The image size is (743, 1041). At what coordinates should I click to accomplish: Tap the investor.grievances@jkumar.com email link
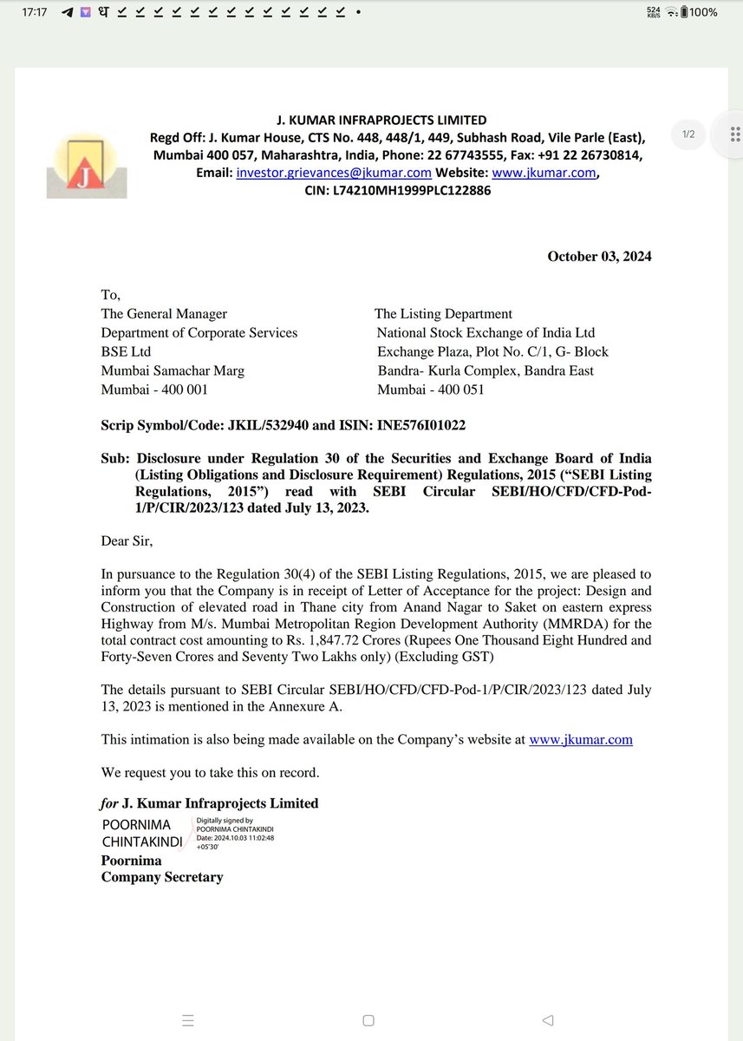click(333, 173)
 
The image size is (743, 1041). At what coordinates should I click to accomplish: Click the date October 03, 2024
click(599, 256)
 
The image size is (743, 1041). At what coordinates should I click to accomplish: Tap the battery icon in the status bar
click(684, 13)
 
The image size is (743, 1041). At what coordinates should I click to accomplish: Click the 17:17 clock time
click(36, 13)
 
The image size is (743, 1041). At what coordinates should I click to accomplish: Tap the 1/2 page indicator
click(688, 134)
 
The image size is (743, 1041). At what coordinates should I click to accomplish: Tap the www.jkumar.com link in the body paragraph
click(580, 740)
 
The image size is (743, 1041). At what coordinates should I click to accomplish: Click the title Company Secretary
click(162, 877)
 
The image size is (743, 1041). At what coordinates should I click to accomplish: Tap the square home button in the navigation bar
click(368, 1020)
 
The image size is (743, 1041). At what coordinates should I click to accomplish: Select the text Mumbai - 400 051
click(431, 390)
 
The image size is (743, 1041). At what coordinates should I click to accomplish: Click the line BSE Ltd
click(126, 351)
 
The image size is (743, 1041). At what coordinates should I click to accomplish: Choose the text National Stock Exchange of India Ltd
click(486, 332)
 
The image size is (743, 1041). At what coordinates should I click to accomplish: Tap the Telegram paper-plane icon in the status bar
click(68, 13)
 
